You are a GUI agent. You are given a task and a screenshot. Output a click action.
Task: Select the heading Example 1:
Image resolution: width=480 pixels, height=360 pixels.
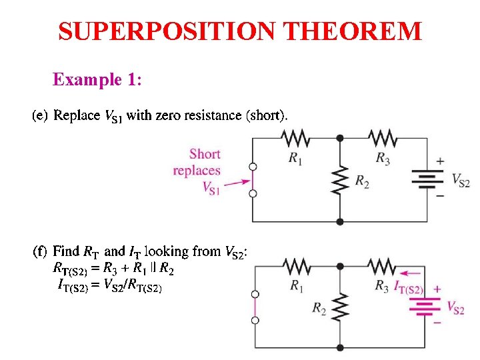97,80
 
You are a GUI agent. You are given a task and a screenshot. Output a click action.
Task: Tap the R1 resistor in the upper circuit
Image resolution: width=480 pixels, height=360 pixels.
295,138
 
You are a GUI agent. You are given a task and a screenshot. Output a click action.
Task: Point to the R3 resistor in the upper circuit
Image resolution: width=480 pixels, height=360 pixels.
383,138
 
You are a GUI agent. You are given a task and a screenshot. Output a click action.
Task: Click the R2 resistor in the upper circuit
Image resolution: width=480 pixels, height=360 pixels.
340,179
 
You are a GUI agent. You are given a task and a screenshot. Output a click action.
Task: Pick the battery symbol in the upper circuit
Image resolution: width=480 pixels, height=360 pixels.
427,179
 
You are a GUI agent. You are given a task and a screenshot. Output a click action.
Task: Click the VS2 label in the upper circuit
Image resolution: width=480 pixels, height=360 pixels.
461,180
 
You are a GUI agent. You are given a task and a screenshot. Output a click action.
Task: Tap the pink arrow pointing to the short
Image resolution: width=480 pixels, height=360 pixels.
237,181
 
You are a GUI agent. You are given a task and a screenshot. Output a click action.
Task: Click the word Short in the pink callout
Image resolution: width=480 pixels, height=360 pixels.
205,155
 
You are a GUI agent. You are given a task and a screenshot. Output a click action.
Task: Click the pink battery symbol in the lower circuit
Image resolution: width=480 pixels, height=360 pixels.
427,306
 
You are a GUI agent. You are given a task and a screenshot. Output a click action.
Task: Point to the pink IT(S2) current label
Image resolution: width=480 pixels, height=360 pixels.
409,287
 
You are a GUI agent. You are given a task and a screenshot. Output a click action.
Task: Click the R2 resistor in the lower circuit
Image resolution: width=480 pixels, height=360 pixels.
340,307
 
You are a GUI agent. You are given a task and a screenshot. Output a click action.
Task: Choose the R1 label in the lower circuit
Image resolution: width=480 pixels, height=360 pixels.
297,285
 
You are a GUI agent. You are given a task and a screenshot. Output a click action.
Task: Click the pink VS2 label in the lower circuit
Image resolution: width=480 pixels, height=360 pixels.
455,307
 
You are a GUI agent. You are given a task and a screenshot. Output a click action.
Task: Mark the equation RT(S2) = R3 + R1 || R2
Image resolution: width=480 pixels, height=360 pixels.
115,269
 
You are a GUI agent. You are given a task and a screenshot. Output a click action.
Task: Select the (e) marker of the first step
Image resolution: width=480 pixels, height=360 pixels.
40,116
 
